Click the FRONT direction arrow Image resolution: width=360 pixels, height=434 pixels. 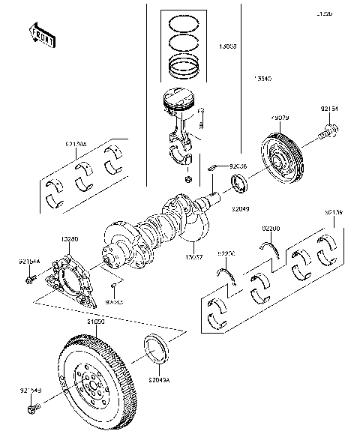[41, 34]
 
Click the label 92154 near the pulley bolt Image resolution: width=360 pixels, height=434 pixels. [329, 109]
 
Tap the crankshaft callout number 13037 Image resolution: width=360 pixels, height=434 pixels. [194, 256]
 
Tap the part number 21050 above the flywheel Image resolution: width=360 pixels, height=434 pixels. [94, 321]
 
